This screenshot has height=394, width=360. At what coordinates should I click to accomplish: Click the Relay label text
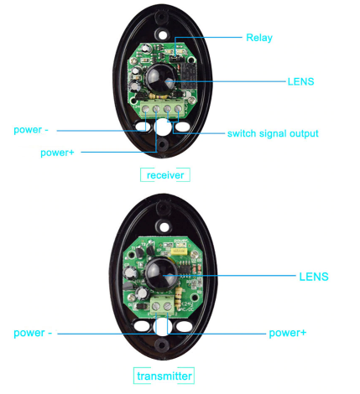tap(259, 38)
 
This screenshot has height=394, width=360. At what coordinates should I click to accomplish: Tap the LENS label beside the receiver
tap(300, 81)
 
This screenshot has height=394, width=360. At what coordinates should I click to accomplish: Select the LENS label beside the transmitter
tap(314, 277)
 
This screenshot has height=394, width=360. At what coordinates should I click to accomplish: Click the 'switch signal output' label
tap(273, 133)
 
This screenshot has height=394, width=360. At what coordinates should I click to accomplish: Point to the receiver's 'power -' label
tap(31, 130)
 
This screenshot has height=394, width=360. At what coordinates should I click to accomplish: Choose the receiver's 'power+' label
tap(57, 153)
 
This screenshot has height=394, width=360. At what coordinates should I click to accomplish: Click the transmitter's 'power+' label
tap(288, 333)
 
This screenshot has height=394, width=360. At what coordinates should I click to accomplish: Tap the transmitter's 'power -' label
tap(33, 333)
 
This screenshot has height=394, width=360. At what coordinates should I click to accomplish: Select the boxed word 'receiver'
tap(165, 175)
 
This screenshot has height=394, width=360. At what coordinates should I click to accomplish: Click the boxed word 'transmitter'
tap(164, 376)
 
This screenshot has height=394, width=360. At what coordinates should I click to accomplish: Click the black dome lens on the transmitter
tap(160, 275)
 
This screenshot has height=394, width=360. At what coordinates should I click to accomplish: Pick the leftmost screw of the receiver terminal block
tap(145, 109)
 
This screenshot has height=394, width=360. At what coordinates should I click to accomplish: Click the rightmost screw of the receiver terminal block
tap(178, 109)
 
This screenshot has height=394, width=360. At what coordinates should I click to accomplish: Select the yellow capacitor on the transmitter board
tap(179, 251)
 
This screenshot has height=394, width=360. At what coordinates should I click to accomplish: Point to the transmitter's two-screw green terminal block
tap(162, 305)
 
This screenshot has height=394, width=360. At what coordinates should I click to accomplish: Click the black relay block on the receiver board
tap(187, 76)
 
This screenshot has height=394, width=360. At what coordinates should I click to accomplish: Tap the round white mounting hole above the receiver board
tap(163, 35)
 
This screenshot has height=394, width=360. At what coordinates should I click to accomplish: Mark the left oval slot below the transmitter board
tap(142, 326)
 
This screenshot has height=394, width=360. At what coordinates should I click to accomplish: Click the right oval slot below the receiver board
tap(183, 127)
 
